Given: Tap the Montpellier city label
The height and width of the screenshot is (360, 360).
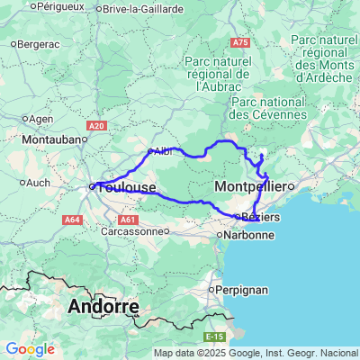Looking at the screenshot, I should click(250, 185).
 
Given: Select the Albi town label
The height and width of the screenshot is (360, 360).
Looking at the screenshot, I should click(162, 151).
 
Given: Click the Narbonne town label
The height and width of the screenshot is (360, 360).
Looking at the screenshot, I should click(248, 235).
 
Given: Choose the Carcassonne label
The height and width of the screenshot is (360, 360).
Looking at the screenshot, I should click(133, 230).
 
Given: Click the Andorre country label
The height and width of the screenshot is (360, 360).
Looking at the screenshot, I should click(103, 306).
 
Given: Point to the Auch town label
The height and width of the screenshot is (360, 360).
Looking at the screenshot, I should click(39, 182).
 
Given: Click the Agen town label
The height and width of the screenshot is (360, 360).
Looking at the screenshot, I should click(41, 118).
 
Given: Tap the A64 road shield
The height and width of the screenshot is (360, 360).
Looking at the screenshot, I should click(73, 219).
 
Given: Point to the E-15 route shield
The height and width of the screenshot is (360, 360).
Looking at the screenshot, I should click(213, 336).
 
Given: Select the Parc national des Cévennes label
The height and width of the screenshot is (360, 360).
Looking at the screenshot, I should click(269, 108).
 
